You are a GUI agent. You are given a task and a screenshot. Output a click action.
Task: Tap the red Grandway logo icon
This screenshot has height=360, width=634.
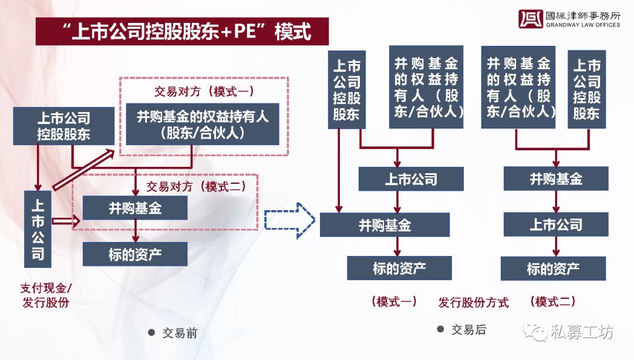coord(531,19)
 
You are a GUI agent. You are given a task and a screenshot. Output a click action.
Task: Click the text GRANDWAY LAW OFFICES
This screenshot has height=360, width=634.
coord(583,25)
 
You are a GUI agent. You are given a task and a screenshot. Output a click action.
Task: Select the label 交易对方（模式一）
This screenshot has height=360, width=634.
coord(204,92)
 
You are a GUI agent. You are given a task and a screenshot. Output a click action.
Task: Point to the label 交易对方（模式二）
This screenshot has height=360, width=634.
coord(197,187)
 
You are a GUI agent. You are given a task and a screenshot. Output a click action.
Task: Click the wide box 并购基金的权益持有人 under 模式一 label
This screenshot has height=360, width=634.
coord(203,124)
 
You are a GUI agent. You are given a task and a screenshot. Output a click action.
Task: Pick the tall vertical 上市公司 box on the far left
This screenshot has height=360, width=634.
coord(38,229)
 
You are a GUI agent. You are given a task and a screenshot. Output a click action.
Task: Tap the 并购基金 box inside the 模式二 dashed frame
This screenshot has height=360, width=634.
coord(135,208)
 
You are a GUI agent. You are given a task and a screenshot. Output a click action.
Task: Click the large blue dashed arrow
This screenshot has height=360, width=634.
coord(289,220)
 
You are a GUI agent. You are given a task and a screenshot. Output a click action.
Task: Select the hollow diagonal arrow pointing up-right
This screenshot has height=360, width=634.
coord(84,169)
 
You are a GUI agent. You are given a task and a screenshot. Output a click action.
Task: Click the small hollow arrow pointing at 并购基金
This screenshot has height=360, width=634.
coord(66,221)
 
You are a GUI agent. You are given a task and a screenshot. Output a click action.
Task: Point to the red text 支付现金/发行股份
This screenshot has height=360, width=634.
coord(46,295)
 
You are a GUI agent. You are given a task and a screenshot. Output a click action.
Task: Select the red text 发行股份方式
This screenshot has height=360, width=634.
coord(473,302)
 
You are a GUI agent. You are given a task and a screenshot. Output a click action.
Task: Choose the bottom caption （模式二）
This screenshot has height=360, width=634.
coord(553,301)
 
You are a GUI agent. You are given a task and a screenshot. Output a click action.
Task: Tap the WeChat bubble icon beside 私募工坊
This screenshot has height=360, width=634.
coord(536,332)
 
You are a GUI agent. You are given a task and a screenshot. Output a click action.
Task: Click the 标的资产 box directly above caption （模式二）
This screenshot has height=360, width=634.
coord(553,268)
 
